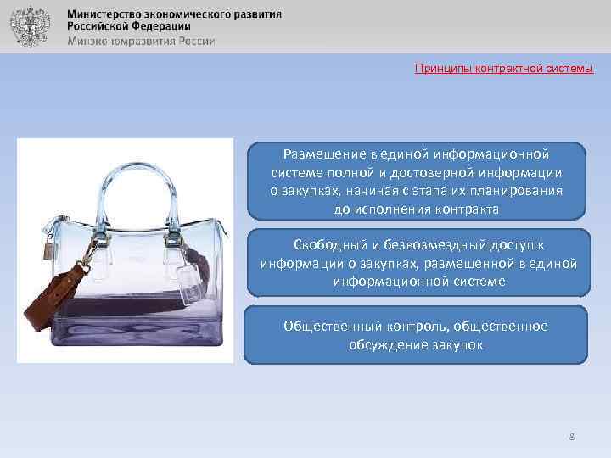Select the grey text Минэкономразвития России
(141, 41)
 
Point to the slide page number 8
(572, 437)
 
